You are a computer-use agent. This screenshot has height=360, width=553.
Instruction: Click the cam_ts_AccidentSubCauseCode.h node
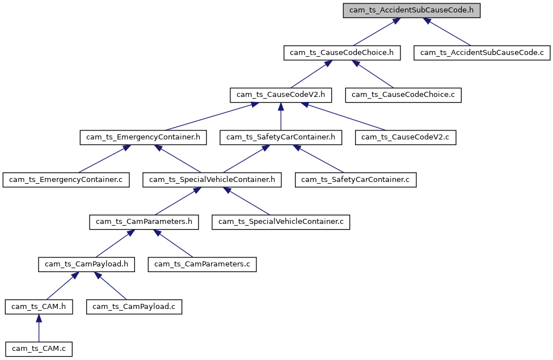pyautogui.click(x=412, y=11)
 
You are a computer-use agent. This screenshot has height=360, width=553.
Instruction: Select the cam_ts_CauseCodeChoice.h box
pyautogui.click(x=342, y=53)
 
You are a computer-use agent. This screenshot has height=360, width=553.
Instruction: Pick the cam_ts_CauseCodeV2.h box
pyautogui.click(x=281, y=95)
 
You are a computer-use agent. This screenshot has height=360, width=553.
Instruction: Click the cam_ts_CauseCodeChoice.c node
pyautogui.click(x=403, y=95)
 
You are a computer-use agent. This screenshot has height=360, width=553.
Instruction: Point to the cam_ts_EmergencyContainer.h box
pyautogui.click(x=143, y=137)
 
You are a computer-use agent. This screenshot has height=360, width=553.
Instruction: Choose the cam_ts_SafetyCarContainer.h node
pyautogui.click(x=281, y=137)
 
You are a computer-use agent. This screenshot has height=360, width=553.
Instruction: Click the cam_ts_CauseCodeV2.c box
pyautogui.click(x=406, y=137)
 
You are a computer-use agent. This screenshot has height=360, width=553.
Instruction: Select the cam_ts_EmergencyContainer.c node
pyautogui.click(x=66, y=180)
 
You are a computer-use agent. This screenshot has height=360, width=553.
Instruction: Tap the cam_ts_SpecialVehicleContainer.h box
pyautogui.click(x=212, y=180)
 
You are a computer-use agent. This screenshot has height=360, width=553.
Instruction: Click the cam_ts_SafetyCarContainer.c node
pyautogui.click(x=356, y=180)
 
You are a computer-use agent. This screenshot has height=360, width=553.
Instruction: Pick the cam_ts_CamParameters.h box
pyautogui.click(x=143, y=222)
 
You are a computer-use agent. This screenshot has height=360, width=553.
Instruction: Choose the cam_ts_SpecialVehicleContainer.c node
pyautogui.click(x=281, y=222)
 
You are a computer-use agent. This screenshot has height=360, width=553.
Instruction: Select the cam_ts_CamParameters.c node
pyautogui.click(x=202, y=264)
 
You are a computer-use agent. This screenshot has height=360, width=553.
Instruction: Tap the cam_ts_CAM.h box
pyautogui.click(x=39, y=307)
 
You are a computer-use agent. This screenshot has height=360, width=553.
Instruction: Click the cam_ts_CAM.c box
pyautogui.click(x=39, y=348)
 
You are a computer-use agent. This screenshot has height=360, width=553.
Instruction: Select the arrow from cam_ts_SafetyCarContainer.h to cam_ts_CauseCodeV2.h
pyautogui.click(x=281, y=116)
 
